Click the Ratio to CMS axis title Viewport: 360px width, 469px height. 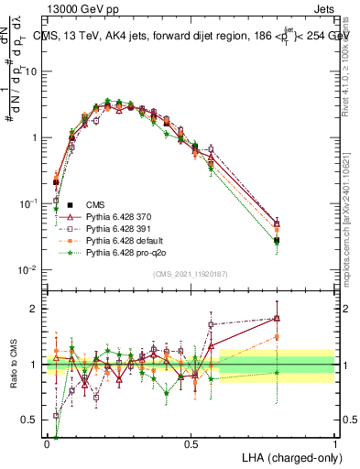[x=14, y=365]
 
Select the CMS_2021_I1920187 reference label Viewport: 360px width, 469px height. [x=191, y=275]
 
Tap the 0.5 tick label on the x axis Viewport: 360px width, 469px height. [x=191, y=442]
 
